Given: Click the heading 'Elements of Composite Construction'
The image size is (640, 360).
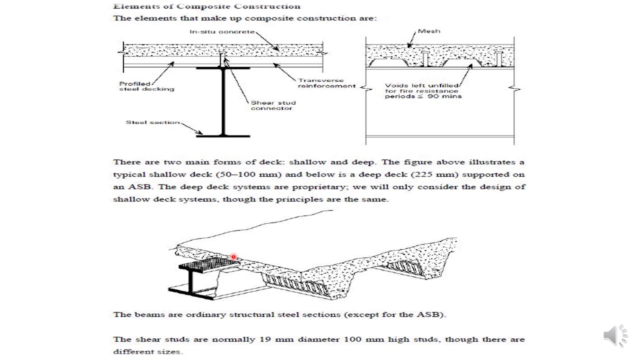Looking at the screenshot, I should tap(206, 6).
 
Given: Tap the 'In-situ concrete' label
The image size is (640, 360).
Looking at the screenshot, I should tap(222, 32).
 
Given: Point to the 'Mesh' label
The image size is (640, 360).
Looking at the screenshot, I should tap(429, 31).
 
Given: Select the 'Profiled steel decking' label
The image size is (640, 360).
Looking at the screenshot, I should tap(146, 86).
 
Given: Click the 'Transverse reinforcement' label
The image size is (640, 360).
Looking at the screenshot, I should tap(326, 83).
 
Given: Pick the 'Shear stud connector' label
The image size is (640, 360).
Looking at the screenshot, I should tap(273, 105).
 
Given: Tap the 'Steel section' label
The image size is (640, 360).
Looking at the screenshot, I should tap(152, 122).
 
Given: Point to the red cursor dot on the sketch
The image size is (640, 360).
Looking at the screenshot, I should tap(233, 257).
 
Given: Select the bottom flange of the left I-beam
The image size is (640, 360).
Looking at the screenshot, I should tap(222, 135).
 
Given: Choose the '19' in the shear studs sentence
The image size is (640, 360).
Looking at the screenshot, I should tap(264, 339).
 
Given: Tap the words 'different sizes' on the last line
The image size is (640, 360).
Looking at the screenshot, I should tap(147, 351).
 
